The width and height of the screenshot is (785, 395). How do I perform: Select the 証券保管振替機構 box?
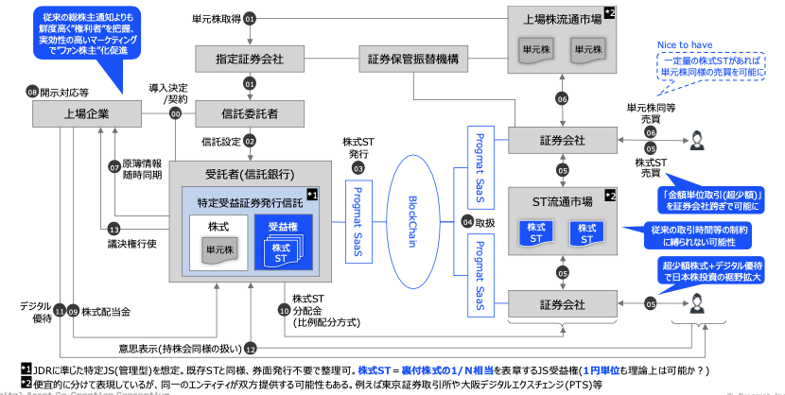point(412,60)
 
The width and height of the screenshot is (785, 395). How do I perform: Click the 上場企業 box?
point(85,113)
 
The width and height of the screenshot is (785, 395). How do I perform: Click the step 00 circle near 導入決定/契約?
point(176,113)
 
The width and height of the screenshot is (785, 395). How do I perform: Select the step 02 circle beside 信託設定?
point(251,141)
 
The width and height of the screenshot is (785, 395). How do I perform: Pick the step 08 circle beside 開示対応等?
point(32,93)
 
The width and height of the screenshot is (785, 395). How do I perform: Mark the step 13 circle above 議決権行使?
point(113,229)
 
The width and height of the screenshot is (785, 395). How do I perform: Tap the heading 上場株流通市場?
point(562,18)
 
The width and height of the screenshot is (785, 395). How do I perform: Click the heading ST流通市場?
point(561,200)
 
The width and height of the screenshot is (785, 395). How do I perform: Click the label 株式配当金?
point(105,309)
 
